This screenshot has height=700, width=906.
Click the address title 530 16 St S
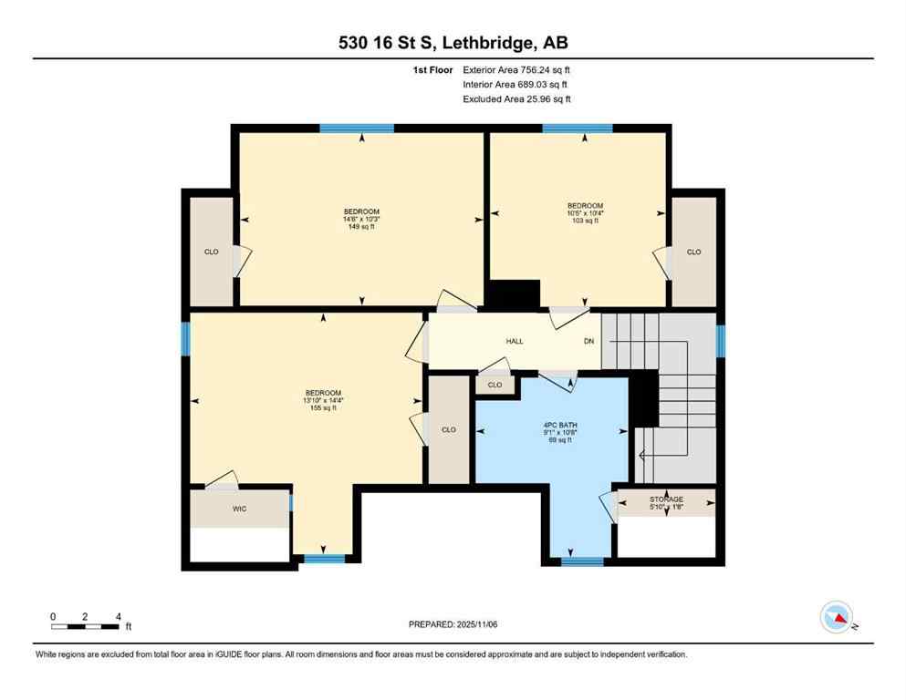[x=452, y=42]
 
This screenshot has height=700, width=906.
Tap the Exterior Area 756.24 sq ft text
[x=516, y=69]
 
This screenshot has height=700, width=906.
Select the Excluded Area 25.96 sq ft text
[x=516, y=99]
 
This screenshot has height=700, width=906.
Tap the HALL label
[x=515, y=341]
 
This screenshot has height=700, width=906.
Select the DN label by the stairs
[x=589, y=341]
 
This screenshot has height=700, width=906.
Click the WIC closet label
[x=239, y=509]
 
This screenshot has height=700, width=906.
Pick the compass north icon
[x=837, y=617]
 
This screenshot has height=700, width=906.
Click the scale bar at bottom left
[x=86, y=626]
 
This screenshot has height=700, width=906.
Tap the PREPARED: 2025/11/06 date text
[x=452, y=624]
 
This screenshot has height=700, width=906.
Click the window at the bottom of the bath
[x=577, y=561]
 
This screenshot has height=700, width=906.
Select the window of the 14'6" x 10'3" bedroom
[x=357, y=129]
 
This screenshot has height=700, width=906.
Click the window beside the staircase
[x=720, y=341]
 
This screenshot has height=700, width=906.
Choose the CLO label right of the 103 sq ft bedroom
[x=693, y=252]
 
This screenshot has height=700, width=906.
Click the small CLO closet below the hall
[x=495, y=385]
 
